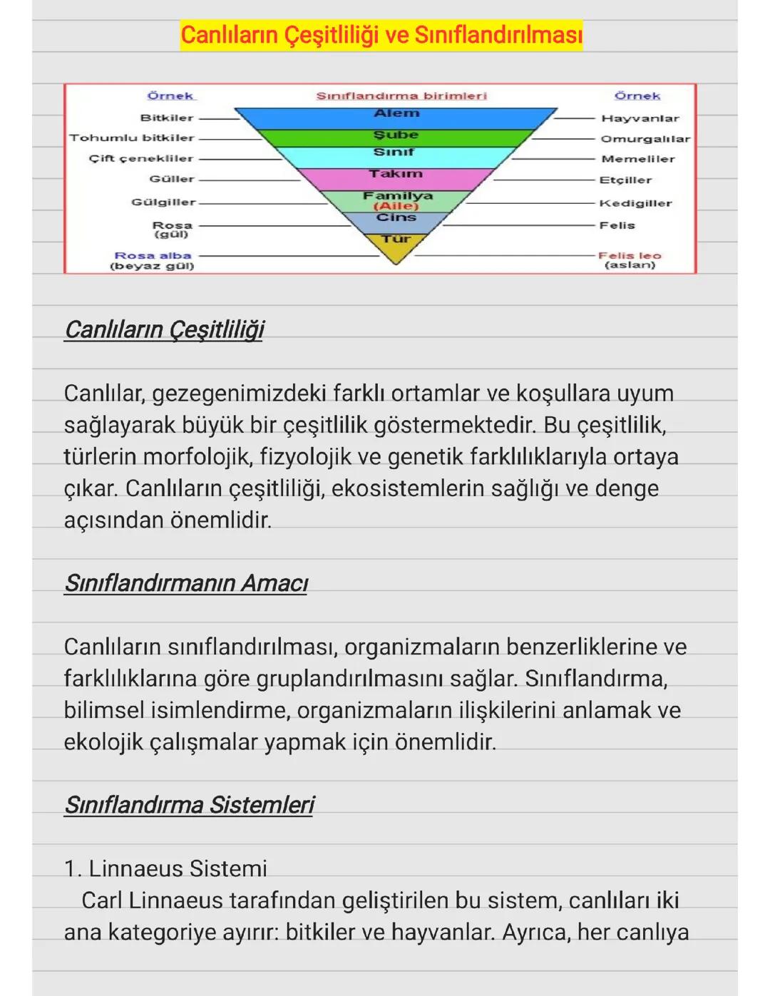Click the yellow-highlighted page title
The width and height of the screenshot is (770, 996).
(x=381, y=34)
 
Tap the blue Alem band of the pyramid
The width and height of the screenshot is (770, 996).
(x=396, y=114)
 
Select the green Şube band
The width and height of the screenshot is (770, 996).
(x=396, y=135)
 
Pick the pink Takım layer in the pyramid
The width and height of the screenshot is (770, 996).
(x=396, y=175)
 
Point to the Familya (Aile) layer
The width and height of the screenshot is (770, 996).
(x=397, y=200)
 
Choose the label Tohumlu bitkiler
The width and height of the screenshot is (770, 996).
(x=132, y=138)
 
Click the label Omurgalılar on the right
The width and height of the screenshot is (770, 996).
(x=645, y=139)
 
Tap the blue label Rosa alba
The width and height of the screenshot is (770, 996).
(x=153, y=255)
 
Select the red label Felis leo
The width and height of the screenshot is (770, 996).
(x=630, y=255)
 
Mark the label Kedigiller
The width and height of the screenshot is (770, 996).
(x=635, y=203)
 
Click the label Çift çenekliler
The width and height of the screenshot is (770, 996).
(x=141, y=158)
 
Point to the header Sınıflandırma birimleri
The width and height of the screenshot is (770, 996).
(x=401, y=96)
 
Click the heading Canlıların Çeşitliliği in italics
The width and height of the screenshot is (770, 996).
(x=164, y=329)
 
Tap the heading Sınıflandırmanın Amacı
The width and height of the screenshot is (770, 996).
(x=185, y=583)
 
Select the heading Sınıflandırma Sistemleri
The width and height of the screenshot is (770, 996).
(x=189, y=805)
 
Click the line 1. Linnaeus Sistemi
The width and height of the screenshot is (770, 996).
(x=165, y=868)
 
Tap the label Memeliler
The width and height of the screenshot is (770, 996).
(x=637, y=159)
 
